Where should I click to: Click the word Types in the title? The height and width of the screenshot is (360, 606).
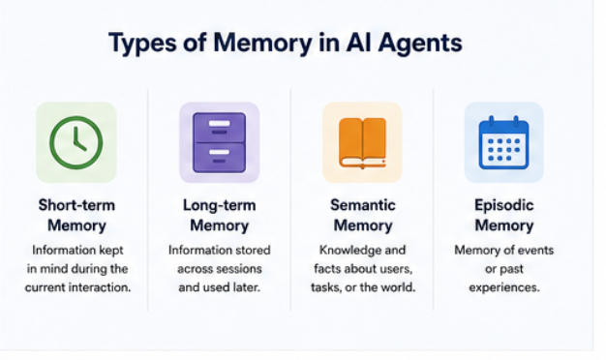[143, 44]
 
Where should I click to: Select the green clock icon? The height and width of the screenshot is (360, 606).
[76, 142]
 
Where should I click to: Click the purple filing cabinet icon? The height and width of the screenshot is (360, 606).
[219, 142]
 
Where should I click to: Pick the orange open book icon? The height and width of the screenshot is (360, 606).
[362, 143]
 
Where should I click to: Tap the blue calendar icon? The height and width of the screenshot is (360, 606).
[504, 142]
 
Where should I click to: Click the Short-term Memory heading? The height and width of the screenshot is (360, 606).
[76, 215]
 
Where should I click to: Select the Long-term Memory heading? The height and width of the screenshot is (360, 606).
[220, 215]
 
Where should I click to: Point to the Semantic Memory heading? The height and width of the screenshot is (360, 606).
[363, 215]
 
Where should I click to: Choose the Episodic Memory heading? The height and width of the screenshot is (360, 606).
[504, 215]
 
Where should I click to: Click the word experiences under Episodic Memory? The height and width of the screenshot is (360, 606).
[504, 288]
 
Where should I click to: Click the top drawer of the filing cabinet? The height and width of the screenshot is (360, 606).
[219, 127]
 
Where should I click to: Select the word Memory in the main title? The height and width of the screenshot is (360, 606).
[262, 44]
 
